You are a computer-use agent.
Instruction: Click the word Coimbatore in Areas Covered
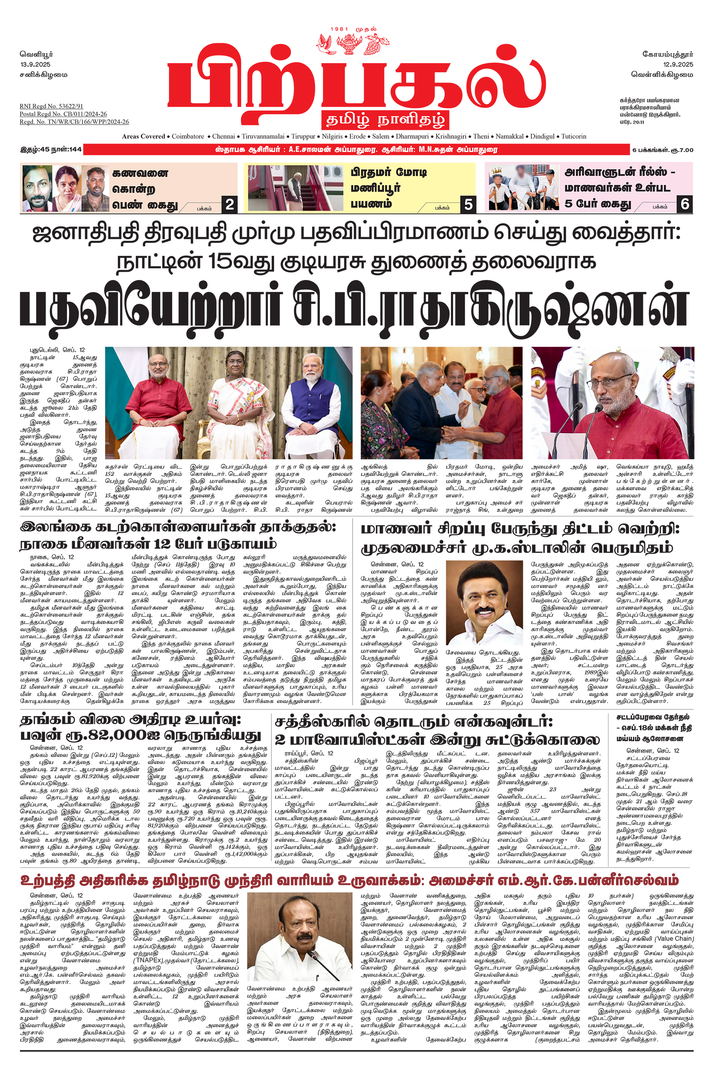point(188,136)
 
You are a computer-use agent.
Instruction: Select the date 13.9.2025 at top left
point(35,64)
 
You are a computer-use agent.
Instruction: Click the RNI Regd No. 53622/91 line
point(51,106)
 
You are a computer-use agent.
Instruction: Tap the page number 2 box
point(230,204)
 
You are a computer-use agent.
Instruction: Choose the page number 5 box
point(468,204)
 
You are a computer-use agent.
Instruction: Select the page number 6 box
point(685,204)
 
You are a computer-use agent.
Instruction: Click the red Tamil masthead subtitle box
point(385,120)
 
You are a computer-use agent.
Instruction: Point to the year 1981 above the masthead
point(339,29)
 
